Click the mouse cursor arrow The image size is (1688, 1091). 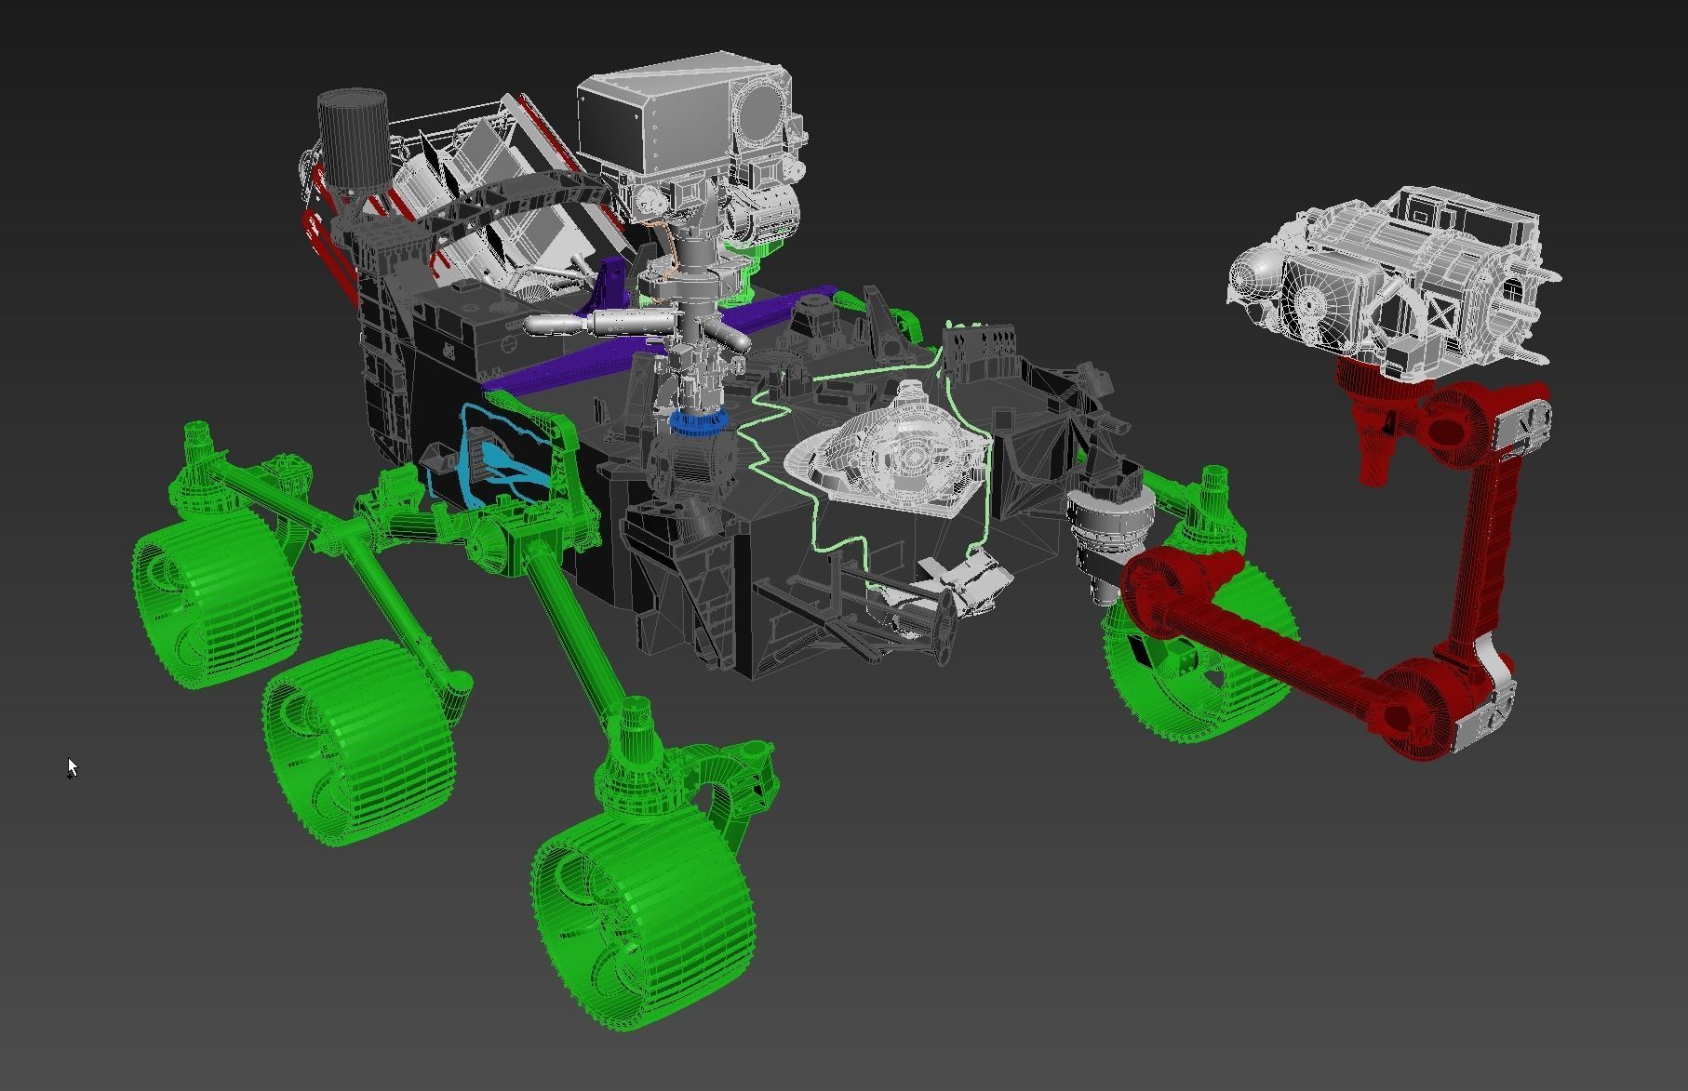[x=73, y=767]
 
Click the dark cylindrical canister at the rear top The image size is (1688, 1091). [x=353, y=140]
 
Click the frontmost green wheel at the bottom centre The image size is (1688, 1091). [x=642, y=921]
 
